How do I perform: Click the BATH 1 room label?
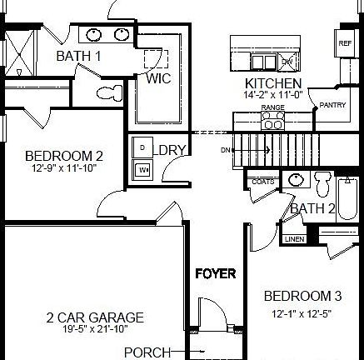click(x=78, y=56)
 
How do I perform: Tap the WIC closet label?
click(x=159, y=79)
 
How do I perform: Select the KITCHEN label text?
click(x=272, y=84)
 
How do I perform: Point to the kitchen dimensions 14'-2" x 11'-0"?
click(x=272, y=96)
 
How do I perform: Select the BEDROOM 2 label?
click(x=63, y=155)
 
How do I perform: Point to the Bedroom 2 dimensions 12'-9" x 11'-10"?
click(x=63, y=168)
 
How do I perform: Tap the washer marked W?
click(x=142, y=168)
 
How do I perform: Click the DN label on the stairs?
click(x=226, y=151)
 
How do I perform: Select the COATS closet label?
click(x=261, y=181)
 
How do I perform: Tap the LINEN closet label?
click(x=293, y=239)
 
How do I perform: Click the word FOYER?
click(x=216, y=273)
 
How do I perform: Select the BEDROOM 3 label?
click(x=303, y=296)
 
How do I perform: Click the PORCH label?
click(x=147, y=352)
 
